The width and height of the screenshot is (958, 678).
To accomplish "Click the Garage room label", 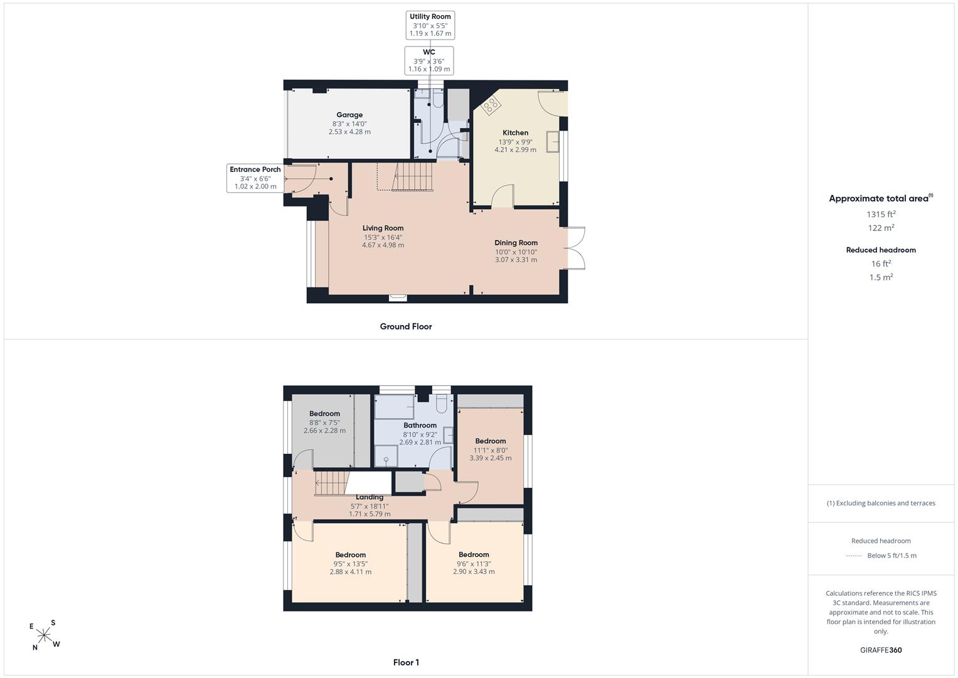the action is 349,115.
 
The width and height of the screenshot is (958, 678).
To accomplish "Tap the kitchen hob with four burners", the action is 490,104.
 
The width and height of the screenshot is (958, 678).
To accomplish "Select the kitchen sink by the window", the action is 553,142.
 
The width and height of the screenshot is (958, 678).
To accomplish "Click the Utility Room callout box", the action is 430,25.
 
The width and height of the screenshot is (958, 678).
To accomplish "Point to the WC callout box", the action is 429,61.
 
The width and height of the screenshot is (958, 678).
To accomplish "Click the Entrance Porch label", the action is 255,169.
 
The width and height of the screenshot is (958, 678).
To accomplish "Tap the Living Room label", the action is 383,228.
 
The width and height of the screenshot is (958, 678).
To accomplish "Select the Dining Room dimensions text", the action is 516,256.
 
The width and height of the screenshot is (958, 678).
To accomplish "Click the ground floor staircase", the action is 412,176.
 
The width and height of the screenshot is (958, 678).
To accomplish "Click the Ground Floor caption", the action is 406,326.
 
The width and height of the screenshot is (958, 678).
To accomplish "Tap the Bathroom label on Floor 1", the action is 420,425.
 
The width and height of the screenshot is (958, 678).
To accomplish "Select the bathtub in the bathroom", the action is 394,407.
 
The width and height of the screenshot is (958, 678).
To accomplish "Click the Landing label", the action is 370,497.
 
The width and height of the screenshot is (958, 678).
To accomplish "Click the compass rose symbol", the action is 45,635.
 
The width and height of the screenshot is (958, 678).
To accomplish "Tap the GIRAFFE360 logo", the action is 881,650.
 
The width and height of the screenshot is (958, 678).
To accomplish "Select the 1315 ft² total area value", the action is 881,214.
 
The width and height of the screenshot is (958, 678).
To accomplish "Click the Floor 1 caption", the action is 406,662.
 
